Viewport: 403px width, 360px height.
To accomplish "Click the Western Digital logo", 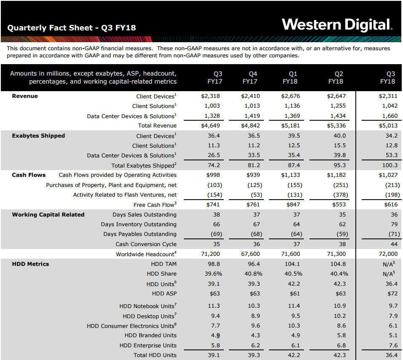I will (337, 24).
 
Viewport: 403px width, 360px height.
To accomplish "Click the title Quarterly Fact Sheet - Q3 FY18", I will (72, 28).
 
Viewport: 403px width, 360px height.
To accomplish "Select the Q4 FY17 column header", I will (253, 77).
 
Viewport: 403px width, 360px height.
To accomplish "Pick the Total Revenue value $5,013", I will (388, 126).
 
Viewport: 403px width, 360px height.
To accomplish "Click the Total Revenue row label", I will (157, 126).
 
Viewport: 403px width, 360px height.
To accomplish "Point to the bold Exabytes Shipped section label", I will (38, 136).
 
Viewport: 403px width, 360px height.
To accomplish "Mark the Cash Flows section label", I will (29, 175).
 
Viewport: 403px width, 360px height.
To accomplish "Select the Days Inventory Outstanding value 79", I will (393, 225).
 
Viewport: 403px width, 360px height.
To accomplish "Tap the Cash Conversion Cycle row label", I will (146, 244).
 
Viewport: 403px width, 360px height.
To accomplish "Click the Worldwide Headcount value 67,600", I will (250, 254).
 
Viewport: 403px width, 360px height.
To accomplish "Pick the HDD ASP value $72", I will (392, 293).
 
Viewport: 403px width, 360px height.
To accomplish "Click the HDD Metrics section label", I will (30, 264).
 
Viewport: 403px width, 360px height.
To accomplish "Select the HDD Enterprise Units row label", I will (148, 346).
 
